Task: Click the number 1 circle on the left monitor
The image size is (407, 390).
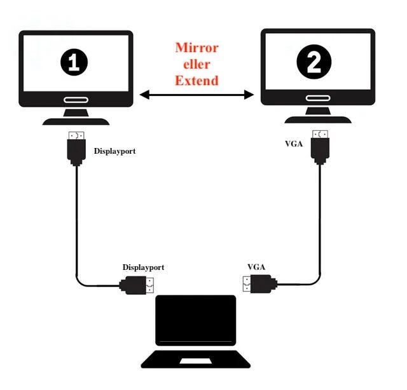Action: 74,62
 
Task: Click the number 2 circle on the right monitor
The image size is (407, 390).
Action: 314,62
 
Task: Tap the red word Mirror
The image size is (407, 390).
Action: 197,48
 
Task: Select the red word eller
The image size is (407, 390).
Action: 197,64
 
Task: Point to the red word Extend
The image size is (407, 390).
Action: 197,81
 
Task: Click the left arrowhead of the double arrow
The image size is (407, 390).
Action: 144,95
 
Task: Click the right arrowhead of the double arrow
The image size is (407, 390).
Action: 249,95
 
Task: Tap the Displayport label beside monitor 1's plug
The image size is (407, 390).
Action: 114,151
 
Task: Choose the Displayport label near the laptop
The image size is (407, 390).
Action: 143,267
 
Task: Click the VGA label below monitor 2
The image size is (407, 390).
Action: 294,144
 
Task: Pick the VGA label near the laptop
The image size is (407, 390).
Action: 256,267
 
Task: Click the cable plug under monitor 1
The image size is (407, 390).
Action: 76,149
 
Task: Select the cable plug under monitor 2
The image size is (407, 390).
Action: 320,147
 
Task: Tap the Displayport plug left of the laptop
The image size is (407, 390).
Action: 137,285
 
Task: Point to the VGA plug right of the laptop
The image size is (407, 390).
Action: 260,284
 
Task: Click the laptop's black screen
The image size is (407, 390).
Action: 196,320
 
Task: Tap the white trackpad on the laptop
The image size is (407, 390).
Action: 196,361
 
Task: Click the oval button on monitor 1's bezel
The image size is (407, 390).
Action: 76,100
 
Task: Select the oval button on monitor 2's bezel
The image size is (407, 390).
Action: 318,98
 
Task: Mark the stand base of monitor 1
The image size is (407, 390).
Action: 76,121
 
